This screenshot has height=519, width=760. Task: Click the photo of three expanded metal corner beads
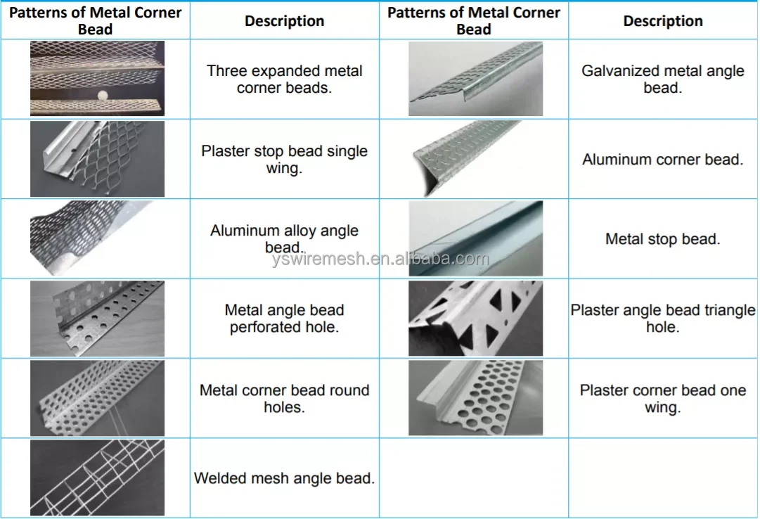tap(97, 78)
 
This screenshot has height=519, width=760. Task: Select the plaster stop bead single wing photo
tap(97, 158)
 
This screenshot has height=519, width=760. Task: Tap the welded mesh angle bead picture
tap(97, 478)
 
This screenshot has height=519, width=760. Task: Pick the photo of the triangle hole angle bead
tap(475, 319)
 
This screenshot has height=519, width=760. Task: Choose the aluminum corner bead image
tap(475, 158)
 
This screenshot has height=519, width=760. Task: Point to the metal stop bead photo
tap(475, 238)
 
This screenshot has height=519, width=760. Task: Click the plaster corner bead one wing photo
tap(475, 398)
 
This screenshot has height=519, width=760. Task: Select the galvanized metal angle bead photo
tap(475, 78)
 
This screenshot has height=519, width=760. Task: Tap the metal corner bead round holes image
tap(97, 398)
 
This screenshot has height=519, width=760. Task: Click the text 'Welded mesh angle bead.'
tap(284, 479)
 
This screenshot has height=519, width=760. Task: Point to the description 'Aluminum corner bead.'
tap(662, 160)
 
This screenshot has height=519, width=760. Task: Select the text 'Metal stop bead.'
tap(662, 239)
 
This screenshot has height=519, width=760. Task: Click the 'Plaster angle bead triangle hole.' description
tap(662, 319)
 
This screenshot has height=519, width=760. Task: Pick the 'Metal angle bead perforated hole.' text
tap(284, 319)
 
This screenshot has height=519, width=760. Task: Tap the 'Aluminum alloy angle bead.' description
tap(284, 238)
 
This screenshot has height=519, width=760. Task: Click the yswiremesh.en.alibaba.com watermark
tap(380, 259)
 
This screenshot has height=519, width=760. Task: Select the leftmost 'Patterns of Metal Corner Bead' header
tap(96, 20)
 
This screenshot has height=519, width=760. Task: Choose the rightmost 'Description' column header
tap(662, 21)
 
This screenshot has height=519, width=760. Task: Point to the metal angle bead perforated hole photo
tap(97, 319)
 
